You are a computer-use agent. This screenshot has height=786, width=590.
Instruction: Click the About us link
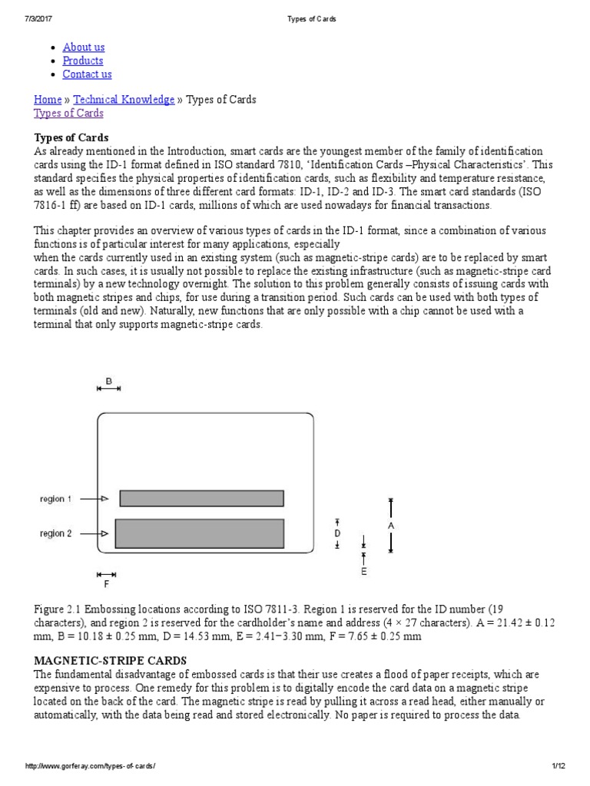click(84, 47)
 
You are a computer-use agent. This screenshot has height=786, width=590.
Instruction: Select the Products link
click(83, 61)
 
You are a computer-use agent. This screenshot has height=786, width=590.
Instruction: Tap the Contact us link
click(87, 74)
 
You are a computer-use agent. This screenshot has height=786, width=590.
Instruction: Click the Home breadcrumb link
click(48, 100)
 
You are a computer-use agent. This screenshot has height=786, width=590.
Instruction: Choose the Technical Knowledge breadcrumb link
click(124, 100)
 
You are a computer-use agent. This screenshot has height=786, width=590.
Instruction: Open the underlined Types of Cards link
click(68, 114)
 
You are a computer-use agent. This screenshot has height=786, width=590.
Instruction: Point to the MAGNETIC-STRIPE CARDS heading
click(110, 660)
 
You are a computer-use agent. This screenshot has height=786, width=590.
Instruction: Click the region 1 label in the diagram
click(55, 499)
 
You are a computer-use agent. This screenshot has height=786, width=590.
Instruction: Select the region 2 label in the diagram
click(55, 533)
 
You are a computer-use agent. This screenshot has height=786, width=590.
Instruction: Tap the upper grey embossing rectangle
click(201, 498)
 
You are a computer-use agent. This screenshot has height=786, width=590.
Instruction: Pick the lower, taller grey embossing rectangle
click(200, 533)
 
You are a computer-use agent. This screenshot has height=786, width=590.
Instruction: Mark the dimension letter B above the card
click(109, 380)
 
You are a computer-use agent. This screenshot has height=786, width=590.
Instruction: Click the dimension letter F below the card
click(107, 584)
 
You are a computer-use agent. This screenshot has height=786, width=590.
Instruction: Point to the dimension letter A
click(391, 526)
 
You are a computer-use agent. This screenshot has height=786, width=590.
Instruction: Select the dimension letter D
click(337, 533)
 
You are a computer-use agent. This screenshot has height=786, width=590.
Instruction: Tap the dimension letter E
click(364, 571)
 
